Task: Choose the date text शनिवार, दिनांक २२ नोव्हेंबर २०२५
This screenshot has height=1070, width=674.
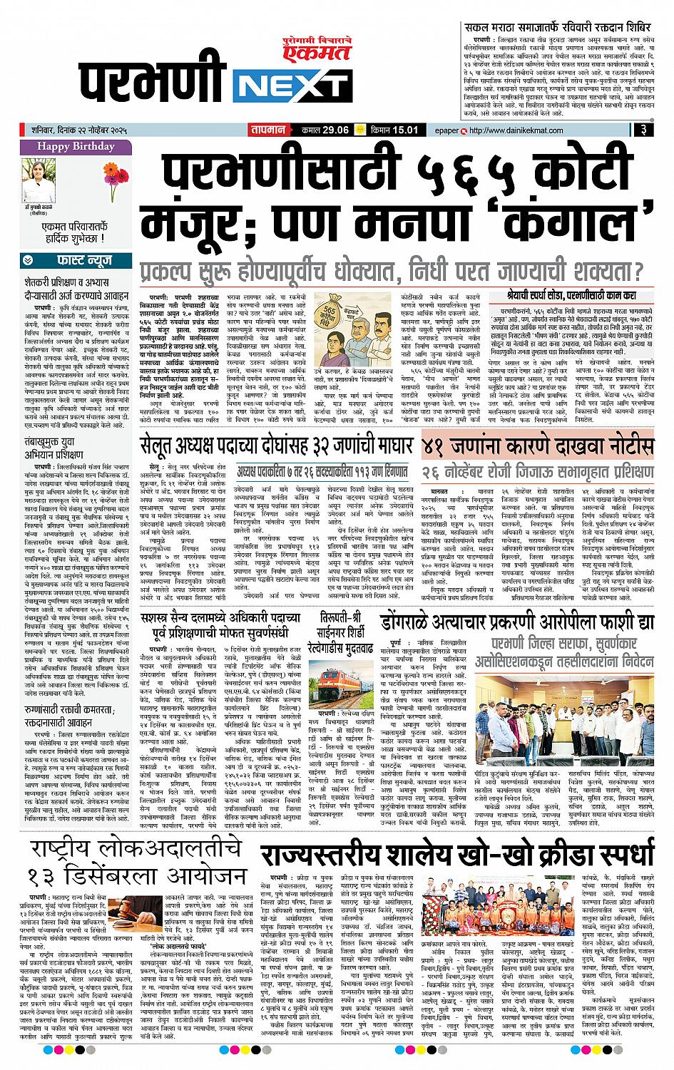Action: point(85,130)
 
